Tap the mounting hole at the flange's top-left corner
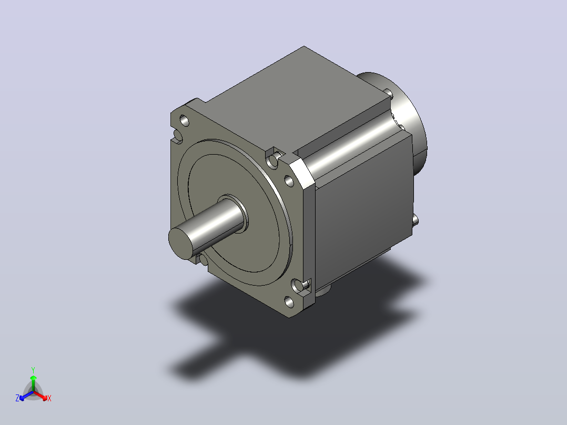pyautogui.click(x=185, y=120)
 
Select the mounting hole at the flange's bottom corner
pyautogui.click(x=289, y=302)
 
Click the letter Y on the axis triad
pyautogui.click(x=33, y=370)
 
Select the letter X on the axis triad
pyautogui.click(x=49, y=398)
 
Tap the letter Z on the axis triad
pyautogui.click(x=17, y=398)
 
